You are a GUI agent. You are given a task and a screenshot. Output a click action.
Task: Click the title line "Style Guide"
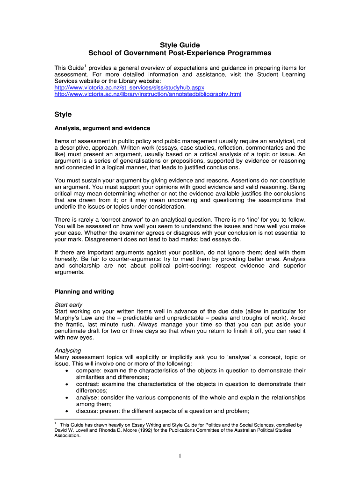[x=180, y=45]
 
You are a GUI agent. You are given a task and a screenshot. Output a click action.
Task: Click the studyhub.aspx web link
[x=130, y=87]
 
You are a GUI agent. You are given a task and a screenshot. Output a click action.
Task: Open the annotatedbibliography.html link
[x=148, y=94]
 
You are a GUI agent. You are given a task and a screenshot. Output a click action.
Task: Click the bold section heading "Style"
[x=63, y=114]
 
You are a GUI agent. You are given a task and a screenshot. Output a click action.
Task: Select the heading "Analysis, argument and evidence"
[x=102, y=128]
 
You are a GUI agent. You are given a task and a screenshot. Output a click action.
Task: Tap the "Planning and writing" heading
[x=84, y=292]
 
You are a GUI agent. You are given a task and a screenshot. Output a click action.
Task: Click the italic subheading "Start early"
[x=68, y=305]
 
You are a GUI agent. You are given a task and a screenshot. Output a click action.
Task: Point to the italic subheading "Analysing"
[x=68, y=350]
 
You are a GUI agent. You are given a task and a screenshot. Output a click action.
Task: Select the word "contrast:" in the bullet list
[x=88, y=384]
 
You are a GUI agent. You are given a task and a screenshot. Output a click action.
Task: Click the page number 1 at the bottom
[x=180, y=457]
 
